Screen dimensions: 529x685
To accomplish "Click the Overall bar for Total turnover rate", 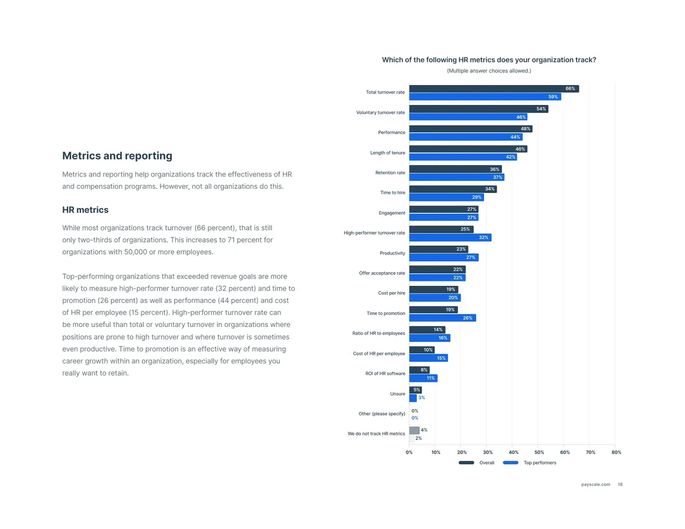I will pos(494,89).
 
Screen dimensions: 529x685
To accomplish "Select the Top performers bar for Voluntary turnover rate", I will pos(468,117).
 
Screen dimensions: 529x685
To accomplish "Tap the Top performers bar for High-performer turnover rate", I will pos(450,237).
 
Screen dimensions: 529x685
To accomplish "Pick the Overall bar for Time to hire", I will pos(453,189).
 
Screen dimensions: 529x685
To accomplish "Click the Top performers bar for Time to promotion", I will pos(442,318).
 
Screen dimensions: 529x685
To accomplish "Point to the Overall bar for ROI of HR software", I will pos(419,370).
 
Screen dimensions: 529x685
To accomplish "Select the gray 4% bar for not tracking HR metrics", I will pos(414,430).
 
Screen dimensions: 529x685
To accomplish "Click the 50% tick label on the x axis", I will pos(538,453).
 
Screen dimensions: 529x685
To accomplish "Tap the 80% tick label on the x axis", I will pos(616,453).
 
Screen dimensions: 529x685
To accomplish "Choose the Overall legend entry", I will pos(477,463).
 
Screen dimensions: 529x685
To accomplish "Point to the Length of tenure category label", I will pos(388,153).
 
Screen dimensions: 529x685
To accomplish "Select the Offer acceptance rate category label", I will pos(382,273).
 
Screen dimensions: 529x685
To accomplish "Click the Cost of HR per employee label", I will pos(379,354).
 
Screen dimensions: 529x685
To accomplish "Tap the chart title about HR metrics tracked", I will pos(489,60).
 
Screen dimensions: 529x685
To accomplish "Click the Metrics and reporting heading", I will pos(117,156).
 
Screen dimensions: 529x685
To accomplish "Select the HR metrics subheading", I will pos(85,210).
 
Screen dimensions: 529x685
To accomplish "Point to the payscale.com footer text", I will pos(595,484).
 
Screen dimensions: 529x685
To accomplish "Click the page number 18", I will pos(620,484).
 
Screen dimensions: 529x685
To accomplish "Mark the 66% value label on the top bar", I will pos(570,89).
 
